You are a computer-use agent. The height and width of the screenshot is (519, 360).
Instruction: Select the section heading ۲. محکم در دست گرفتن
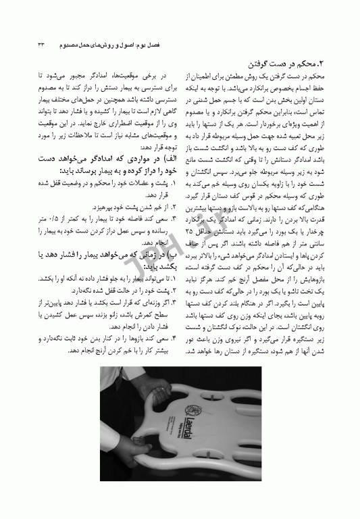[x=297, y=65]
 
